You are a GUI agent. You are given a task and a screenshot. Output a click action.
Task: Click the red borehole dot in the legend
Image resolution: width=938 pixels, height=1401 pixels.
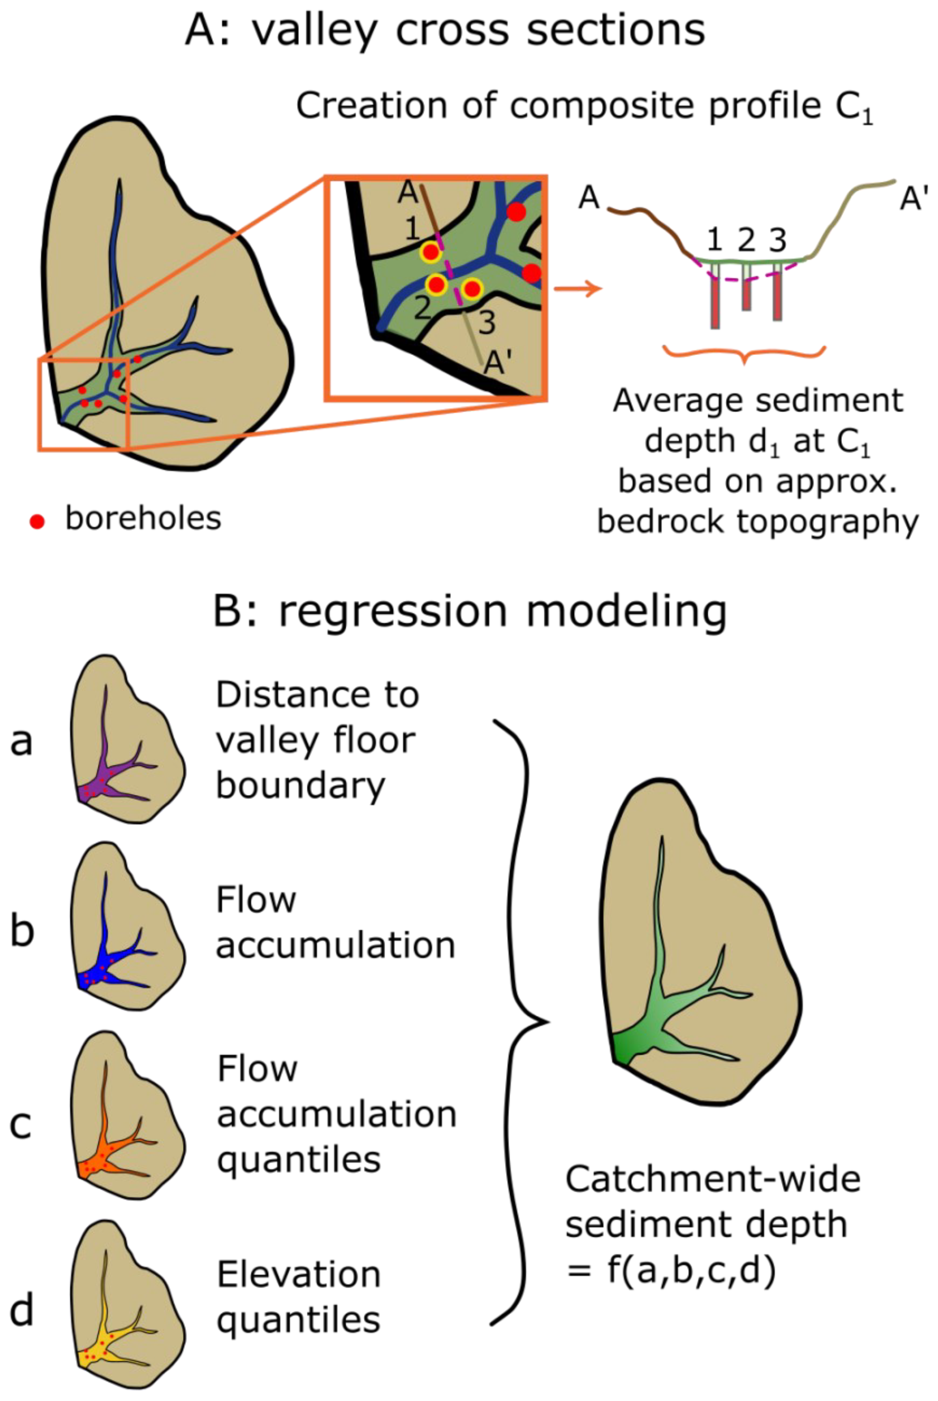coord(37,522)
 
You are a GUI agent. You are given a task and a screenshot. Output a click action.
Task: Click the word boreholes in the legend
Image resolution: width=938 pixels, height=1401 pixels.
coord(143,518)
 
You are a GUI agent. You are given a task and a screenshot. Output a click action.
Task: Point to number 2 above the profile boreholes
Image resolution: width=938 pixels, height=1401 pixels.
coord(746,240)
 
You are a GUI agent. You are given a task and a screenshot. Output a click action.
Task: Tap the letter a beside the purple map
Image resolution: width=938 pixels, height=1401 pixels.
coord(21,742)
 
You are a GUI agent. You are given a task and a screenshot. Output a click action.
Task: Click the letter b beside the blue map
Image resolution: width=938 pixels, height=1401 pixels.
coord(21,931)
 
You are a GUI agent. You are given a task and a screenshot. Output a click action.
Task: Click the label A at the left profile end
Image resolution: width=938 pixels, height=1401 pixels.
coord(588,198)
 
